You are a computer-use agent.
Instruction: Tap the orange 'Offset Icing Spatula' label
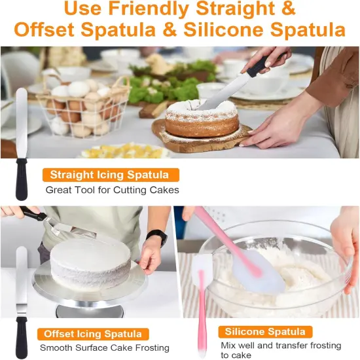tap(89, 333)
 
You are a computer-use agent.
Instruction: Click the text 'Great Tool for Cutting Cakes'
tap(112, 190)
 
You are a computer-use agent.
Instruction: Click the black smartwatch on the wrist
tap(158, 237)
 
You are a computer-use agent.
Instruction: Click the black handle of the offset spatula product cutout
tap(22, 334)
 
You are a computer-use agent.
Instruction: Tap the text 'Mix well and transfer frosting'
tap(280, 345)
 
